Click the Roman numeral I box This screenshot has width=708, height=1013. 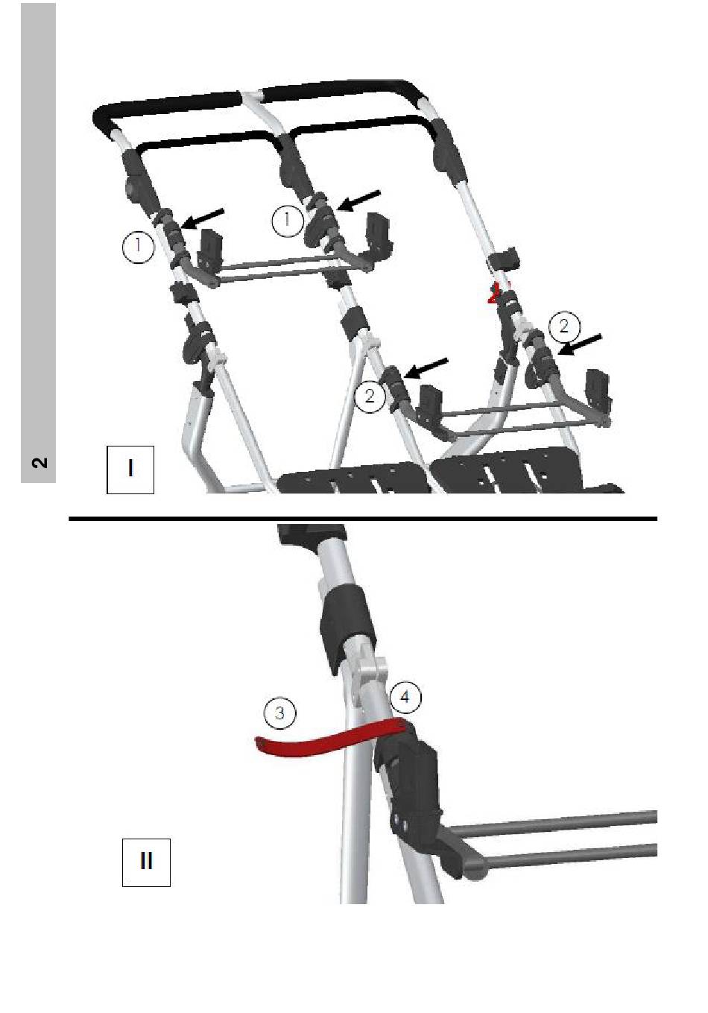click(x=130, y=469)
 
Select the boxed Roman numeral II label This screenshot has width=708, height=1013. click(x=146, y=862)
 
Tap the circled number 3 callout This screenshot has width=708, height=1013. click(x=280, y=713)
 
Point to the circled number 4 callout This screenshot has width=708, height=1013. click(x=405, y=697)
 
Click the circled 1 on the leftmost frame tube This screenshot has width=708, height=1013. click(x=138, y=247)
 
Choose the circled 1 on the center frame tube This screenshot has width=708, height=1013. click(x=287, y=221)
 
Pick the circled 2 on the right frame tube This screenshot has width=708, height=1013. click(x=563, y=326)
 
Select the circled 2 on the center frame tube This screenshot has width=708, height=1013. click(x=370, y=396)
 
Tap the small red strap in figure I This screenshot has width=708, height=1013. click(x=492, y=295)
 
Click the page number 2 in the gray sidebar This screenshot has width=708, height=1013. click(x=39, y=462)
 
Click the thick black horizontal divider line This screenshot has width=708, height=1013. click(x=363, y=518)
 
